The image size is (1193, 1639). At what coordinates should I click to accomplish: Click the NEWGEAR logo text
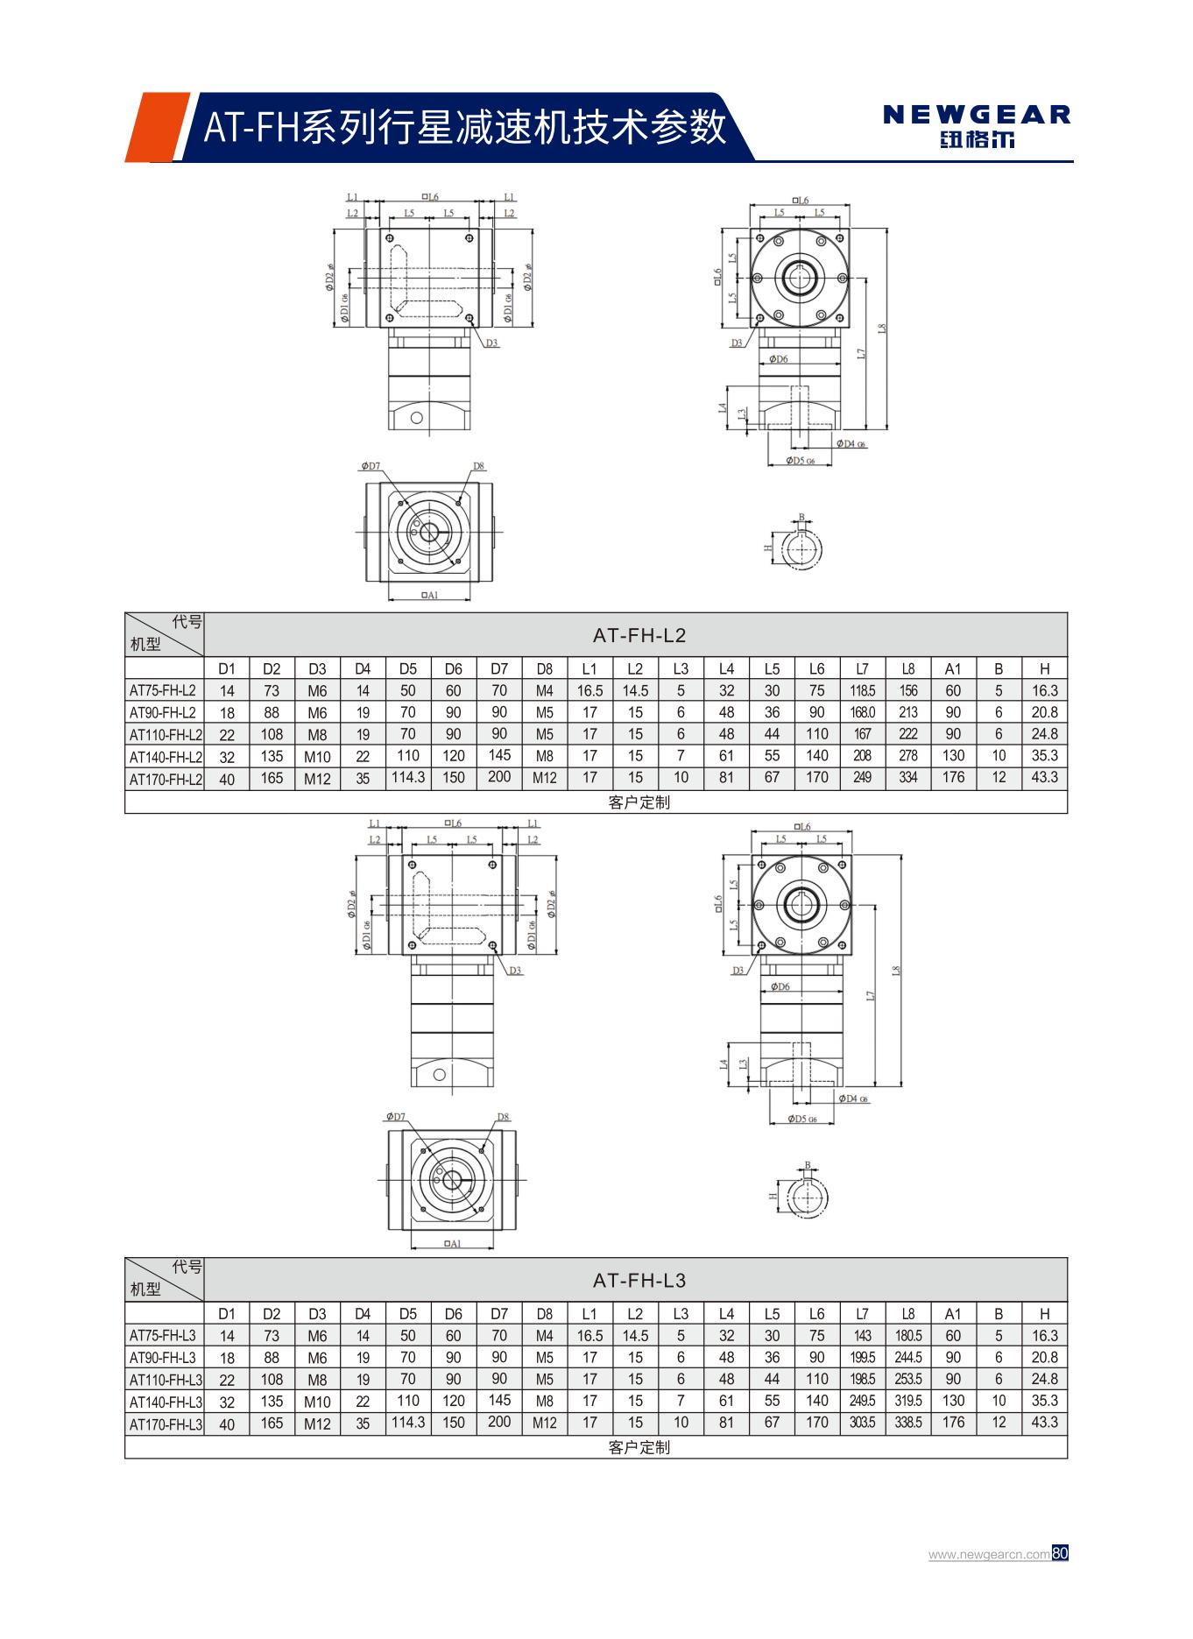click(x=977, y=115)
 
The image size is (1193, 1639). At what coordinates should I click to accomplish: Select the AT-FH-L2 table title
click(x=639, y=635)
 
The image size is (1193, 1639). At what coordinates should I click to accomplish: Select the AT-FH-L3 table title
click(x=639, y=1280)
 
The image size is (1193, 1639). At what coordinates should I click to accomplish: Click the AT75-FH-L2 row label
click(x=164, y=690)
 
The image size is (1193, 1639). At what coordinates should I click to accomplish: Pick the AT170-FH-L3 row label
click(x=166, y=1424)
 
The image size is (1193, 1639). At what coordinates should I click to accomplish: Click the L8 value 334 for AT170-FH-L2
click(x=907, y=777)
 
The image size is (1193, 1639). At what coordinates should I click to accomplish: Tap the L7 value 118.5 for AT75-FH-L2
click(x=862, y=690)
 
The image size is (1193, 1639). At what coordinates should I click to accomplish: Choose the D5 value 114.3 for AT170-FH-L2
click(x=408, y=777)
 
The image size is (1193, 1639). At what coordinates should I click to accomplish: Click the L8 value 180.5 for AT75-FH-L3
click(x=907, y=1336)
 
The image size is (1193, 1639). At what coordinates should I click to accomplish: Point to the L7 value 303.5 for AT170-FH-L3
click(x=862, y=1423)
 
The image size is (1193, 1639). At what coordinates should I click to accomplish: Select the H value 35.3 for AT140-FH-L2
click(x=1044, y=755)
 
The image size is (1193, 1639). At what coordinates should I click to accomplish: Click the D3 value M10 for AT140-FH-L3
click(x=317, y=1402)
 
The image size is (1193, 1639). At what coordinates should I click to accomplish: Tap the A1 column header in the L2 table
click(x=953, y=669)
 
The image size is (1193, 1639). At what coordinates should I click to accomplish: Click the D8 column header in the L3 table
click(x=544, y=1314)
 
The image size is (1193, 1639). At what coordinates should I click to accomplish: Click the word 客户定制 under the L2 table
click(x=639, y=802)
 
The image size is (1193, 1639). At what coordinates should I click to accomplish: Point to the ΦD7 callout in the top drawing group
click(x=371, y=466)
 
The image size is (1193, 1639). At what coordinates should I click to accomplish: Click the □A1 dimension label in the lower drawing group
click(x=452, y=1244)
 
